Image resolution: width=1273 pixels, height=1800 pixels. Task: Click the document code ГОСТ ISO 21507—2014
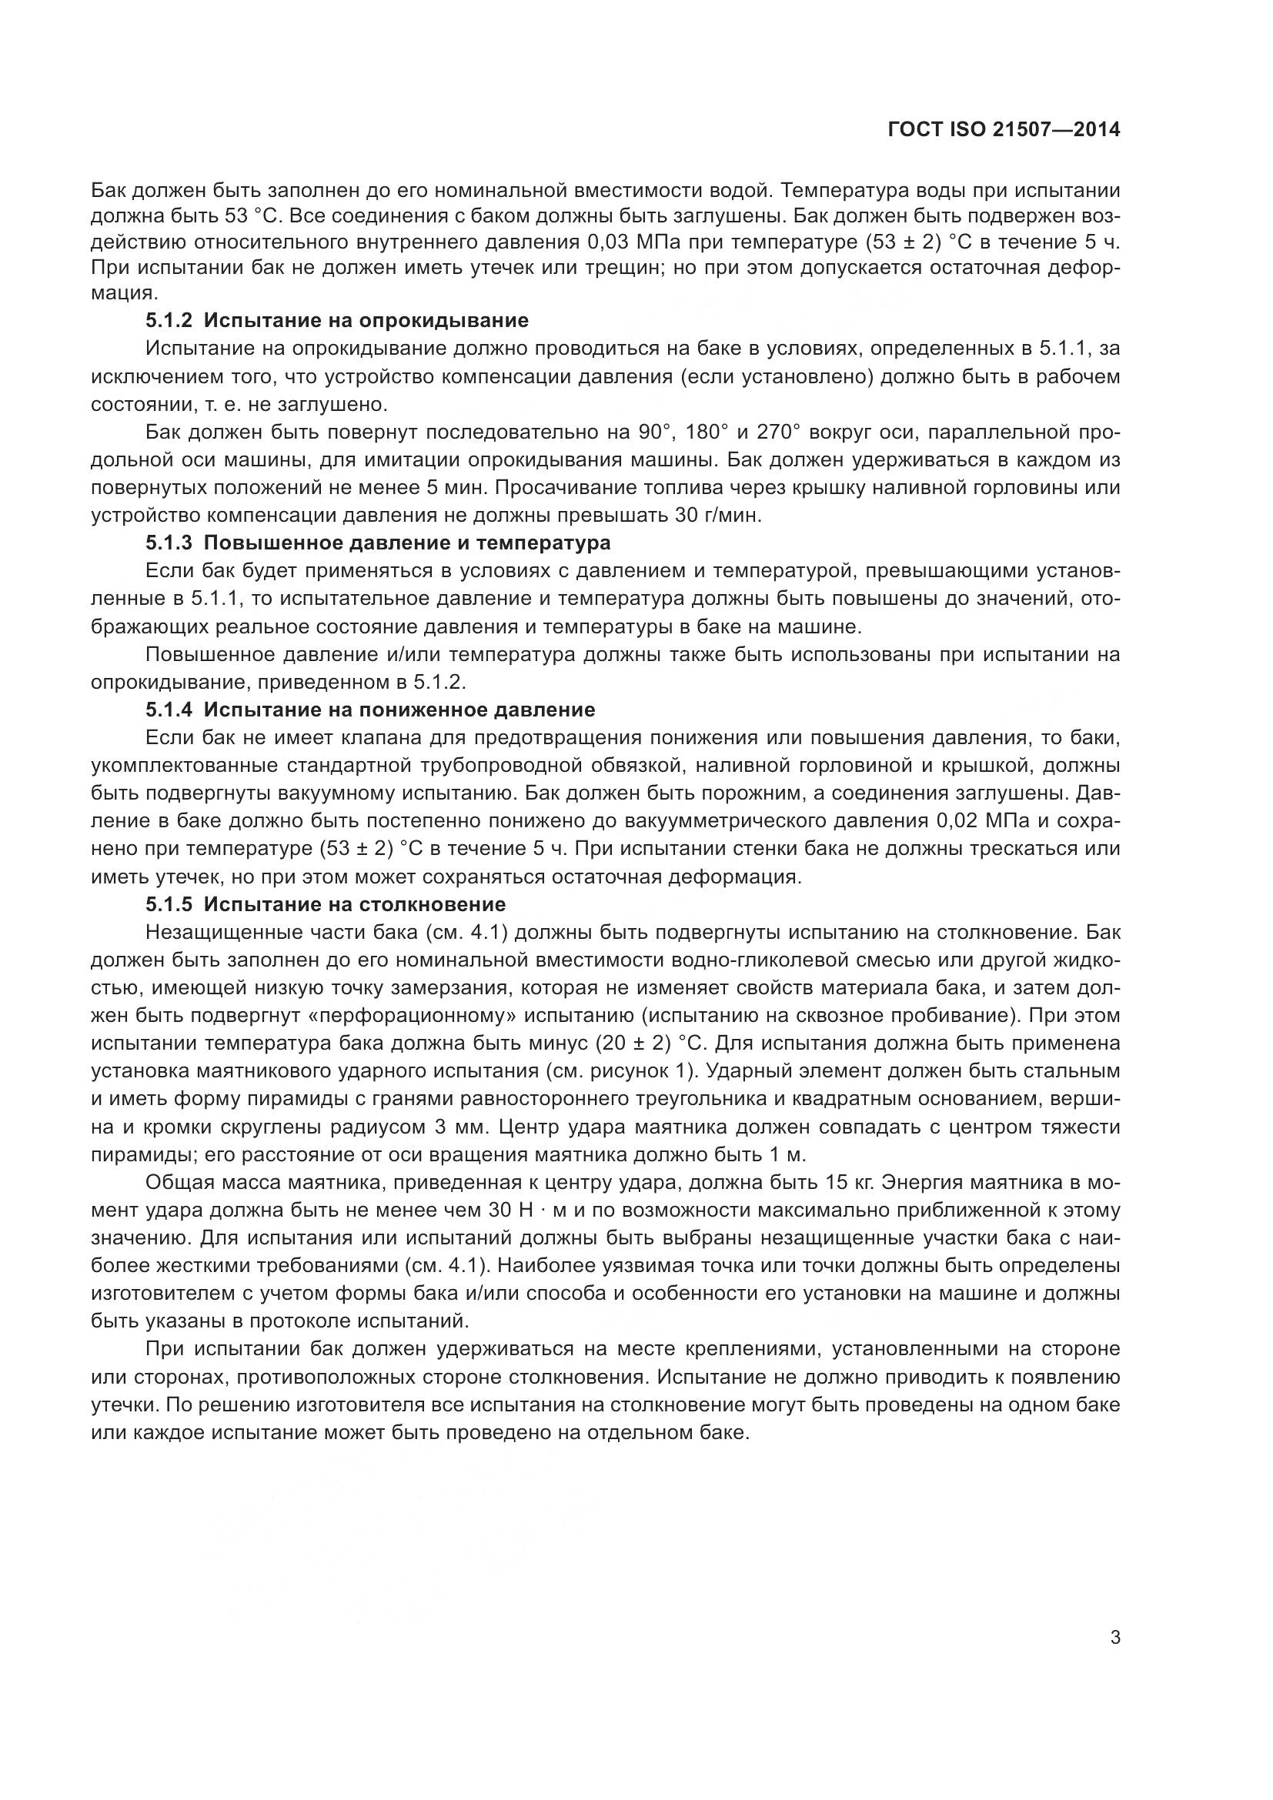(1004, 129)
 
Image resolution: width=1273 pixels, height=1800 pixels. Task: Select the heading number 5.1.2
(168, 320)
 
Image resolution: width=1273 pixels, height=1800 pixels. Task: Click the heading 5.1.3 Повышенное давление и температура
(378, 543)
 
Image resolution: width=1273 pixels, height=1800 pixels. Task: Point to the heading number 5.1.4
(168, 710)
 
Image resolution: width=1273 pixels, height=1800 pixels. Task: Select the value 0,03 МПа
(644, 241)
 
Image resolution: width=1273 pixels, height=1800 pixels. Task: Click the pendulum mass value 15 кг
(850, 1182)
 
